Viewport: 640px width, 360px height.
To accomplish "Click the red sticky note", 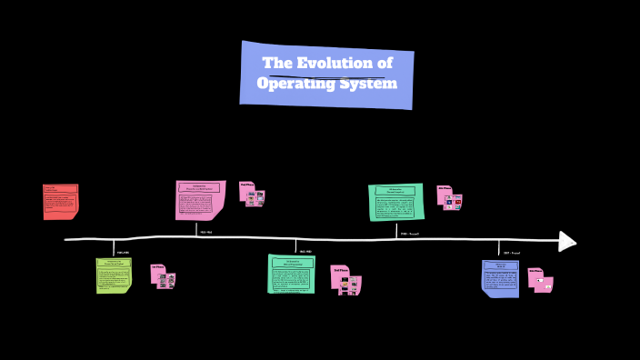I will [60, 202].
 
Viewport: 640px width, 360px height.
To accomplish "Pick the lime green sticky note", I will [114, 275].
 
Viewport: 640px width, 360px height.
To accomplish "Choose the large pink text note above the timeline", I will [199, 200].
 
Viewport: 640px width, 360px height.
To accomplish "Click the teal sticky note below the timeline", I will [291, 274].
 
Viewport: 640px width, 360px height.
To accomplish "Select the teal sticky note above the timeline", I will [395, 202].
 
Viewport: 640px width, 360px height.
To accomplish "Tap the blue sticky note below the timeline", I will [500, 278].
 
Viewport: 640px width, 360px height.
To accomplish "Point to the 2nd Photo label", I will [247, 185].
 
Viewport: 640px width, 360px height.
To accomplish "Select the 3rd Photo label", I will [339, 270].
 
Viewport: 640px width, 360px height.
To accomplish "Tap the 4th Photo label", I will [445, 189].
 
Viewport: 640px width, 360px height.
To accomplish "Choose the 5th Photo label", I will [535, 271].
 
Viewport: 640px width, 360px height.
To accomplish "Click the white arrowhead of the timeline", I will [567, 241].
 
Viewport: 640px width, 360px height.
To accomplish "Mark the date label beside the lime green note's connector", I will [124, 252].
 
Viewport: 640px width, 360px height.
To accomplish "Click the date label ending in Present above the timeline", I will [410, 234].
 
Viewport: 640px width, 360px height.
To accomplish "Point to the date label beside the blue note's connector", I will [511, 252].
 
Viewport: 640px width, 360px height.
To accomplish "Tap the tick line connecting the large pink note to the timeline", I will [195, 230].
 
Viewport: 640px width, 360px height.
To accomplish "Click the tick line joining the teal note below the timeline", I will [295, 246].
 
